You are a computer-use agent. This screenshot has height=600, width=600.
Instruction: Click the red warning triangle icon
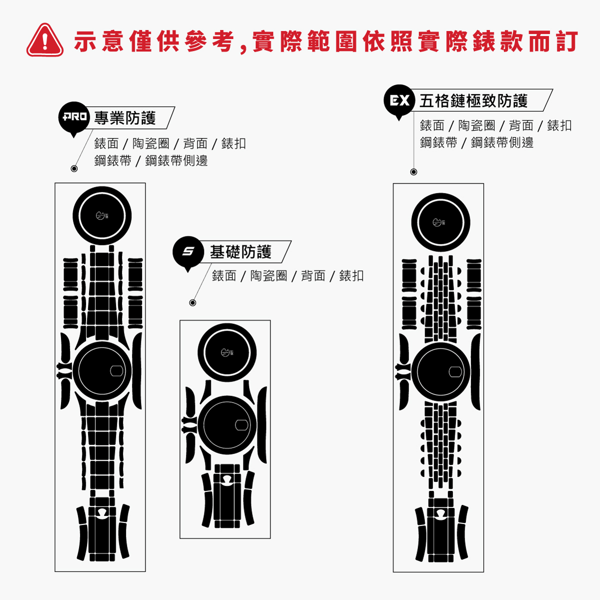[x=45, y=40]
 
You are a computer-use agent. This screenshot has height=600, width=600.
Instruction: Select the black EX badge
[x=399, y=101]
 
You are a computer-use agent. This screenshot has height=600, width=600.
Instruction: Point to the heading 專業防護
[x=125, y=118]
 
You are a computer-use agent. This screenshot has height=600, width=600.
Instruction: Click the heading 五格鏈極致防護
[x=473, y=101]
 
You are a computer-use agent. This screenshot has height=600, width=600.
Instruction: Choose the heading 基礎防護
[x=240, y=252]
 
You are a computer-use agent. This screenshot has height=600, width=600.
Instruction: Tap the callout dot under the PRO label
[x=74, y=169]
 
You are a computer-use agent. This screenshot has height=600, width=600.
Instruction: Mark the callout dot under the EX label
[x=413, y=172]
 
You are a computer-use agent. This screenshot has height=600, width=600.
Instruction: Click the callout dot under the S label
[x=192, y=302]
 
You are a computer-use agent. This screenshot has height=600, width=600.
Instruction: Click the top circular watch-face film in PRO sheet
[x=102, y=216]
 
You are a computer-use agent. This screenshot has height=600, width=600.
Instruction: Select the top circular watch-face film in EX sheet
[x=440, y=222]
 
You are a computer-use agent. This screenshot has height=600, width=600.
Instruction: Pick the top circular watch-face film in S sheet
[x=227, y=352]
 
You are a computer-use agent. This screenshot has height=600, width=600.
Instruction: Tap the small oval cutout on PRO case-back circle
[x=117, y=371]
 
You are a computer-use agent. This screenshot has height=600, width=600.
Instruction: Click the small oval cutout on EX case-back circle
[x=455, y=371]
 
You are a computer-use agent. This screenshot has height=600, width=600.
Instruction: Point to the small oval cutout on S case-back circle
[x=241, y=425]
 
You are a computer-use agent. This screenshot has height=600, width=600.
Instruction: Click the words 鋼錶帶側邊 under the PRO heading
[x=176, y=160]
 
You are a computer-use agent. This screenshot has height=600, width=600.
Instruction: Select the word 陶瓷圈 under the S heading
[x=268, y=276]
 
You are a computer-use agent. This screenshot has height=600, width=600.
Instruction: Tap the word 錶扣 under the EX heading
[x=559, y=125]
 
